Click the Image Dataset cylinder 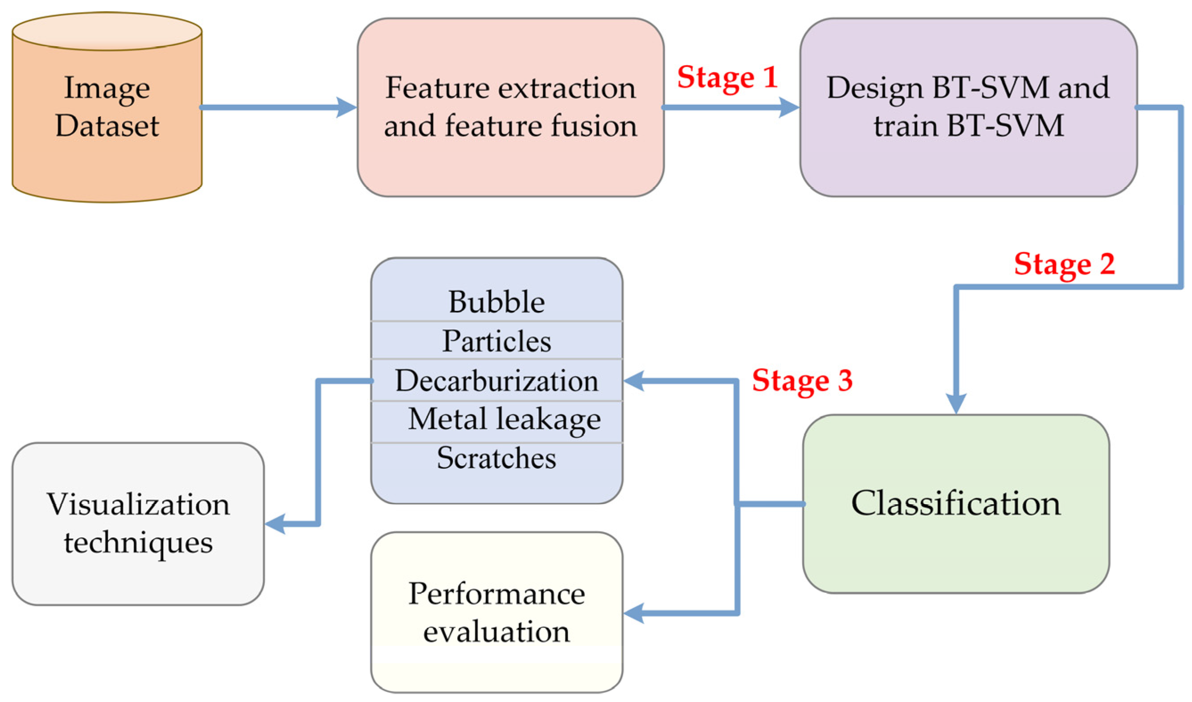point(107,109)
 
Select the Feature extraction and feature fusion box point(510,107)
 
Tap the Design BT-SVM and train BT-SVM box point(968,107)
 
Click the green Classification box point(955,504)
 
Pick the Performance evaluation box point(496,612)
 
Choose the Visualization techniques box point(138,524)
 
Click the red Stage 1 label point(727,78)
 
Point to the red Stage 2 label point(1064,264)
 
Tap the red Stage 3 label point(802,380)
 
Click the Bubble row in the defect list point(496,302)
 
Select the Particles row point(496,341)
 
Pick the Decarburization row point(496,380)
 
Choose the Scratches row point(496,458)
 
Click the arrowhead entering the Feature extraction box point(347,107)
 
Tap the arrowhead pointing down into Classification point(955,403)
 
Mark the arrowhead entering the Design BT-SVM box point(789,107)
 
